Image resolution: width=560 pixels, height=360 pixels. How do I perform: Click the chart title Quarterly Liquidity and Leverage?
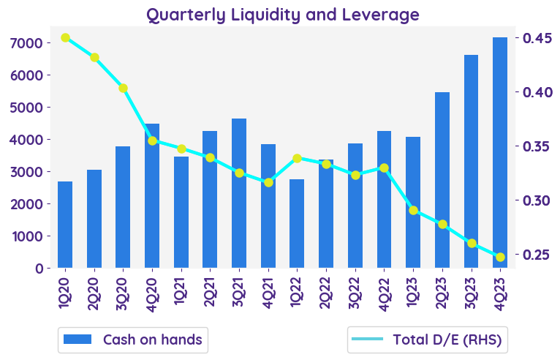pos(283,14)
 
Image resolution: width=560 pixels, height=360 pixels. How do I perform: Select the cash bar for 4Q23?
pos(500,152)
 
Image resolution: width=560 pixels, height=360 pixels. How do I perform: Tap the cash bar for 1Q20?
pos(65,224)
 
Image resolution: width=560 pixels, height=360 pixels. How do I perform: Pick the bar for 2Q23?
pos(442,180)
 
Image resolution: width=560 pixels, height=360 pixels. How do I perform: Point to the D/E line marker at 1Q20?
pos(65,37)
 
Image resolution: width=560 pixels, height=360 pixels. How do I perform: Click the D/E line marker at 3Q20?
pos(124,88)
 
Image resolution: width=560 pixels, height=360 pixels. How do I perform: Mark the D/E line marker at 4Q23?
pos(500,257)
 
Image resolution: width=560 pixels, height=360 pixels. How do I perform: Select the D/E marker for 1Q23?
pos(413,210)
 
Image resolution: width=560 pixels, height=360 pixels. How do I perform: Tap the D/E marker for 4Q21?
pos(268,182)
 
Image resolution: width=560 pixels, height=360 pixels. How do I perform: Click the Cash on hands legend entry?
pos(132,340)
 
